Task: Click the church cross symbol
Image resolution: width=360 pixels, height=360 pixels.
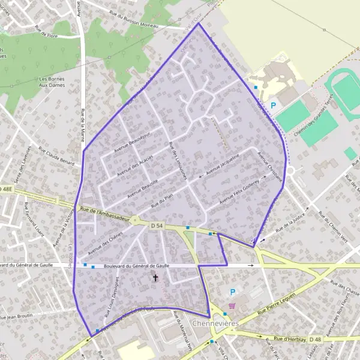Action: (156, 278)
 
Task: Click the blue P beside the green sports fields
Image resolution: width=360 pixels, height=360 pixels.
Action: (274, 106)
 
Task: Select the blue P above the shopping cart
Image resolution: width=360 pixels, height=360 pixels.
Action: (234, 292)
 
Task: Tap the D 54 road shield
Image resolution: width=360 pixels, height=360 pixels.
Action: (157, 225)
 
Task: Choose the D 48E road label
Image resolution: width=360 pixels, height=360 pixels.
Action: (6, 188)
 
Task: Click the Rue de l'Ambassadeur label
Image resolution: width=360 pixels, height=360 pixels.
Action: (104, 215)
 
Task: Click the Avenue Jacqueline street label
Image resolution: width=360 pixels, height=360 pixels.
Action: (223, 163)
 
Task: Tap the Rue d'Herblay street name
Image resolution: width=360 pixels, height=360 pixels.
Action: (286, 340)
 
